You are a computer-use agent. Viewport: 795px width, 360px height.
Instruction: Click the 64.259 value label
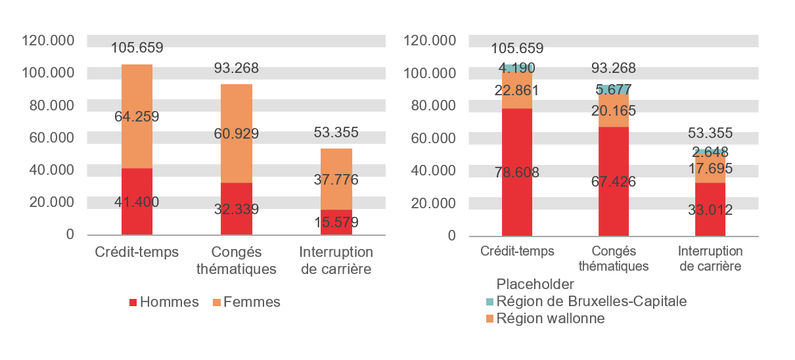tap(137, 117)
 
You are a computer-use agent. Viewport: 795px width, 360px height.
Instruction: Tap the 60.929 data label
tap(236, 134)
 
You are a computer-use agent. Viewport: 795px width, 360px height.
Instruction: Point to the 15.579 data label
tap(336, 223)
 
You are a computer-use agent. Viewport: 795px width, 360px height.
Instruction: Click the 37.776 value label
tap(336, 179)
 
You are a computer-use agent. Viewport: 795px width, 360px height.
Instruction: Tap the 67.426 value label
tap(614, 181)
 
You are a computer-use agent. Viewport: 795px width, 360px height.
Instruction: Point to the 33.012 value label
tap(710, 210)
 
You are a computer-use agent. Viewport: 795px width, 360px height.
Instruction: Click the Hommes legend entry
tap(164, 302)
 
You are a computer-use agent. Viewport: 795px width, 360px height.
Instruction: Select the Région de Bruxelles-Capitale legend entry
tap(586, 302)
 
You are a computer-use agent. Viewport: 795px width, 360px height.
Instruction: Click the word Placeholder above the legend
tap(535, 284)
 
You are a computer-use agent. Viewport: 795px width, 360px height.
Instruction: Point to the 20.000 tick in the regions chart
tap(434, 203)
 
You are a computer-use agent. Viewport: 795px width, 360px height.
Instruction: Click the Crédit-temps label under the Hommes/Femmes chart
tap(137, 252)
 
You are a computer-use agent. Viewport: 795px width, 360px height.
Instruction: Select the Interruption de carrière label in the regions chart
tap(710, 259)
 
